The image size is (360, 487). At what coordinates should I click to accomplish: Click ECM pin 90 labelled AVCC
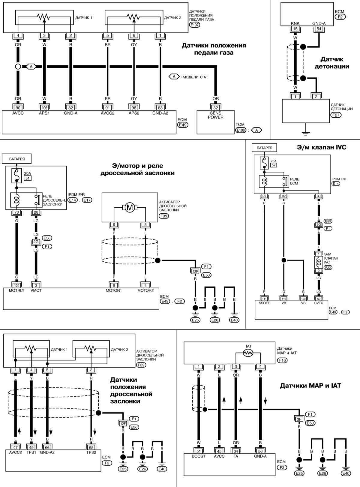18,107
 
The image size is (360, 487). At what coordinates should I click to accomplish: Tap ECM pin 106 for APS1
44,107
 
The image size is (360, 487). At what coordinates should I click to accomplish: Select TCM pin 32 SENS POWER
215,107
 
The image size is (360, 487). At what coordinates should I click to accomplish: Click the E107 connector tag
194,25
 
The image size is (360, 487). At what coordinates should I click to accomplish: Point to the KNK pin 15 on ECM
295,29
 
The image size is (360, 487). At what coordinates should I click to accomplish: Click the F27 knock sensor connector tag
336,115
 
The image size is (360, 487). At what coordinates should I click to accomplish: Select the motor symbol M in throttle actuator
130,208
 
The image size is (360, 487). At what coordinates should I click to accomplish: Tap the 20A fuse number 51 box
27,178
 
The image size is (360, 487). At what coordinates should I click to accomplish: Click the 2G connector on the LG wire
36,242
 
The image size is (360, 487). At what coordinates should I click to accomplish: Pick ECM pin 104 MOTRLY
17,285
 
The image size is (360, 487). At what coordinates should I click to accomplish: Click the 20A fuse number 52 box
274,165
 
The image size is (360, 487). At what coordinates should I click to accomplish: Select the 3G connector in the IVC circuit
319,224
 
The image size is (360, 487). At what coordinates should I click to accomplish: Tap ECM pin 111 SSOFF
264,299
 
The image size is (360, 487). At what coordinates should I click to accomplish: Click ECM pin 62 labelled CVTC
319,299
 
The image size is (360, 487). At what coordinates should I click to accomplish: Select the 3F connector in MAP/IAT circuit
299,419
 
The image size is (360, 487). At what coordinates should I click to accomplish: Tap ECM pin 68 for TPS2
91,447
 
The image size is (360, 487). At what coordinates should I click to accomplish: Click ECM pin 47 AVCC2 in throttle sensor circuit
15,447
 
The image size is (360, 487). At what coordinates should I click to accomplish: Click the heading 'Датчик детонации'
331,63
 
